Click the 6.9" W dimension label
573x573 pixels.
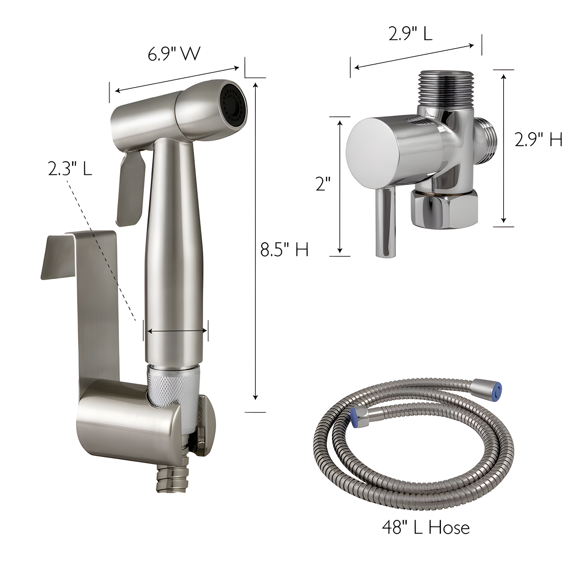[x=174, y=54]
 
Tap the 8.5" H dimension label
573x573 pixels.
[x=284, y=250]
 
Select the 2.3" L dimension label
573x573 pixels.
[x=70, y=168]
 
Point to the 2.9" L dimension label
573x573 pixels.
[x=410, y=34]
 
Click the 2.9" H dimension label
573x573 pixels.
[x=538, y=140]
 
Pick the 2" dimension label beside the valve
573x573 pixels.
[x=323, y=184]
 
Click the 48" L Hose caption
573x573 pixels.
[x=426, y=527]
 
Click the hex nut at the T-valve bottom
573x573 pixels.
[x=444, y=209]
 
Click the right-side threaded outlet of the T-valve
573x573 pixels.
[x=486, y=139]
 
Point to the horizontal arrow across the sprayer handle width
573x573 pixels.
[x=177, y=331]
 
